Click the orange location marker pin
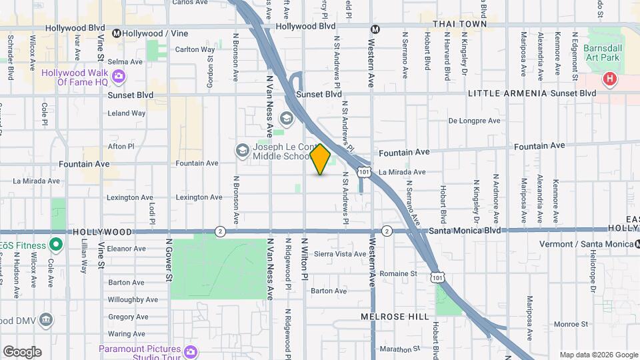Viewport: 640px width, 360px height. (x=321, y=159)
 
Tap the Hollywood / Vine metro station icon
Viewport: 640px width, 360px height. (x=117, y=33)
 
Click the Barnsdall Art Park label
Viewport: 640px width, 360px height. (x=601, y=53)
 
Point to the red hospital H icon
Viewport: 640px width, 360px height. (x=609, y=80)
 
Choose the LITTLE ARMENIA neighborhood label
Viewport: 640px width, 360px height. (x=507, y=93)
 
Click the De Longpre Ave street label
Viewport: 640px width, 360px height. (x=474, y=121)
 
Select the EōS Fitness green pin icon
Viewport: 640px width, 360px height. (x=56, y=245)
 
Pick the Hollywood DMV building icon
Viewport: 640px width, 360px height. (x=46, y=320)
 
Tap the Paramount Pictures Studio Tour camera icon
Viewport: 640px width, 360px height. (x=191, y=351)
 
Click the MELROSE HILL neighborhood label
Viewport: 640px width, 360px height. (x=395, y=317)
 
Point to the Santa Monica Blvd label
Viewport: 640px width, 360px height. (x=465, y=230)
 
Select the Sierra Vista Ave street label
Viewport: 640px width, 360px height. (x=340, y=254)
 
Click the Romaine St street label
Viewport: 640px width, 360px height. (x=398, y=273)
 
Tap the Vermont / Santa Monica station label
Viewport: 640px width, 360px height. (x=587, y=244)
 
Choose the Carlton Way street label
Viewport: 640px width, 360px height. (x=195, y=49)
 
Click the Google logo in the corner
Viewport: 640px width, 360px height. (x=22, y=352)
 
